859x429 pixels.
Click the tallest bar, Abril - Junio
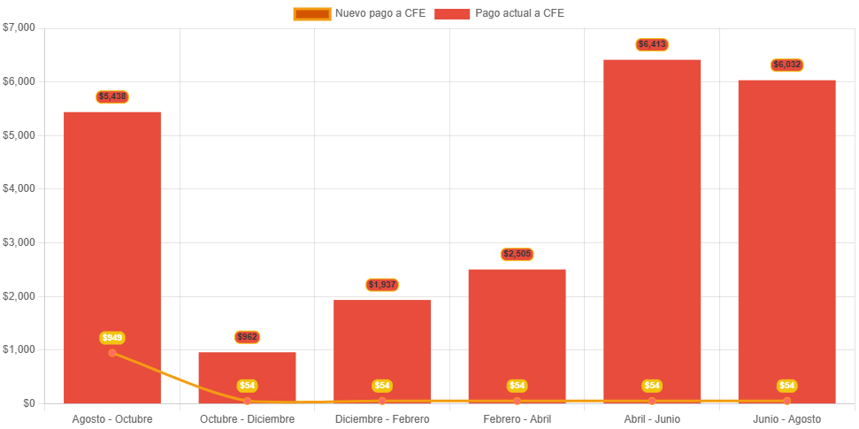tap(652, 221)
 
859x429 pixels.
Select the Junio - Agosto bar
tap(786, 230)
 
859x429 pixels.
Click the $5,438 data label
tap(112, 96)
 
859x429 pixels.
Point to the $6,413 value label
tap(652, 44)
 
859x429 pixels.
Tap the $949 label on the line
tap(112, 338)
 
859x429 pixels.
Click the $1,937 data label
tap(382, 285)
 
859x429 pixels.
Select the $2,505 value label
tap(517, 254)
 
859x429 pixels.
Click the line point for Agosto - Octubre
tap(112, 353)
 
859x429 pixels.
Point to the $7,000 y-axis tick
tap(19, 27)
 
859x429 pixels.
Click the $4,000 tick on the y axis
tap(19, 188)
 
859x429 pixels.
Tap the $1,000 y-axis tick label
tap(19, 349)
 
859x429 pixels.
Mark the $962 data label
tap(247, 337)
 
